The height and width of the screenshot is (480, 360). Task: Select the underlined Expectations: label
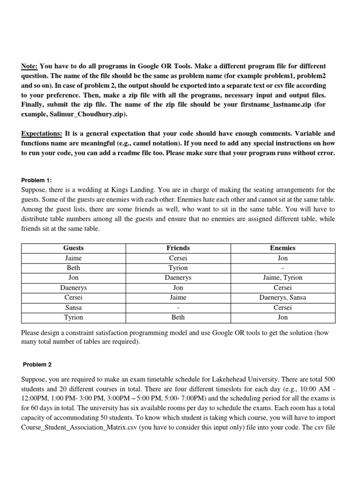[x=42, y=134]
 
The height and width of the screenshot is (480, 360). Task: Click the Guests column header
[x=74, y=248]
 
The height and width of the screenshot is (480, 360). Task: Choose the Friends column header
[x=178, y=248]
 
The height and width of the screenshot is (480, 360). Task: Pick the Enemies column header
[x=283, y=248]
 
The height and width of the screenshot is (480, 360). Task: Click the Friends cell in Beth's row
[x=178, y=268]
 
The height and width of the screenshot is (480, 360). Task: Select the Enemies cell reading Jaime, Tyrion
[x=283, y=277]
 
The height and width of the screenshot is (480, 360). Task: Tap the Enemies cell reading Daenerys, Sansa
[x=283, y=297]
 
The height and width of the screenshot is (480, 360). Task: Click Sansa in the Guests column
[x=74, y=307]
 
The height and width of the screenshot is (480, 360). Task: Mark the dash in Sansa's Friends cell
[x=178, y=307]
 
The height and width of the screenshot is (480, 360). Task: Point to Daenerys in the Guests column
[x=74, y=287]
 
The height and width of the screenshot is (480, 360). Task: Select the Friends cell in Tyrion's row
[x=178, y=317]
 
